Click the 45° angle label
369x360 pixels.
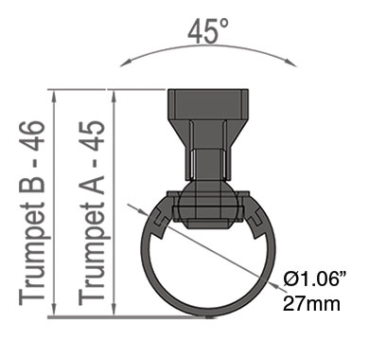coord(208,31)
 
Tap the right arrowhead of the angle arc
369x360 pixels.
coord(292,63)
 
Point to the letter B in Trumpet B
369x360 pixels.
coord(32,183)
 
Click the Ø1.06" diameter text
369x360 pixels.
coord(314,279)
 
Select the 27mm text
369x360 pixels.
coord(311,304)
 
